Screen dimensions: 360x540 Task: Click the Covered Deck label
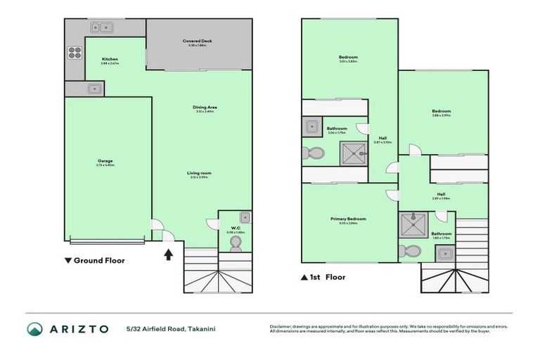coord(198,41)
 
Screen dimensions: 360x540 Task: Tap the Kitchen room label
coord(110,59)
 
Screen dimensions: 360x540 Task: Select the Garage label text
coord(106,161)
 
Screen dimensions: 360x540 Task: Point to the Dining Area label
coord(205,107)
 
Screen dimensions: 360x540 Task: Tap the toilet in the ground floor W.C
coord(236,243)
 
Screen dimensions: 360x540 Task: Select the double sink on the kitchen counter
coord(103,27)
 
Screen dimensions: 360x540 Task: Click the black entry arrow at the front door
coord(169,254)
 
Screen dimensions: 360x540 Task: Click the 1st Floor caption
coord(325,277)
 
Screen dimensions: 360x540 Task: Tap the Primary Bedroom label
coord(348,219)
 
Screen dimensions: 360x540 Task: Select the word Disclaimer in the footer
coord(282,326)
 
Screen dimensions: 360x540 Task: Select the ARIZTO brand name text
coord(79,329)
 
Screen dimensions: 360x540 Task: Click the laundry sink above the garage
coord(94,89)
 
